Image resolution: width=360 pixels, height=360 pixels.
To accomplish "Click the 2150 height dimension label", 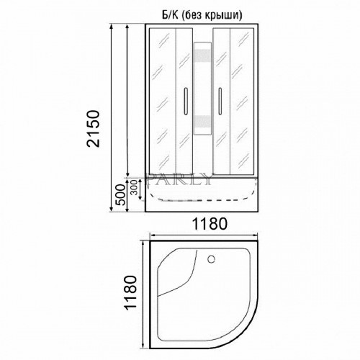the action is [x=93, y=128].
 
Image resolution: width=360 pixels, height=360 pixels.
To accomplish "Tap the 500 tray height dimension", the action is [x=120, y=194].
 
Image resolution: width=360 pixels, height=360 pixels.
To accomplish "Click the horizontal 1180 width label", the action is [x=210, y=224].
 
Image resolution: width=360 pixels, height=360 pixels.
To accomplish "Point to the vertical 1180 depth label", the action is [x=130, y=293].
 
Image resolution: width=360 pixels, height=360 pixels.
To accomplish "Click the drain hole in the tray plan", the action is [x=211, y=259].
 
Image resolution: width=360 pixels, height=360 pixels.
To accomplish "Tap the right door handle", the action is [x=220, y=101].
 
